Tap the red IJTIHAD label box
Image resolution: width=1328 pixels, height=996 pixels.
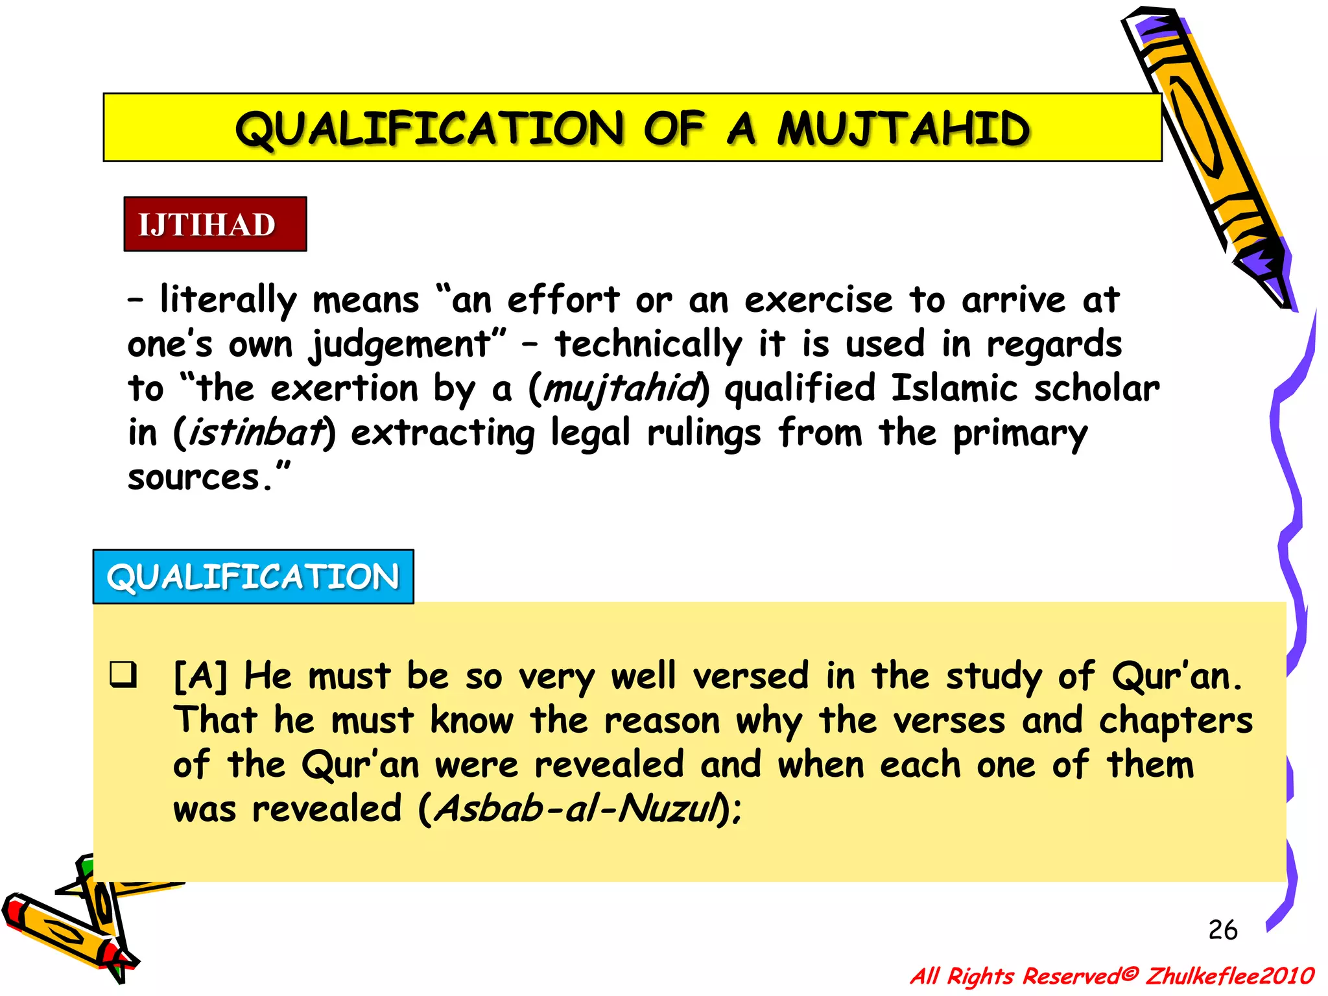click(x=215, y=224)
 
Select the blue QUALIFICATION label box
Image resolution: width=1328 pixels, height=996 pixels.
click(x=253, y=576)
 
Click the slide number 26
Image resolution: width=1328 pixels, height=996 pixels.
click(x=1222, y=930)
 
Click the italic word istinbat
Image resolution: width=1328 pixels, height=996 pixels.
click(x=255, y=433)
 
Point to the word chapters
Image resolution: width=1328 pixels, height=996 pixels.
click(x=1175, y=721)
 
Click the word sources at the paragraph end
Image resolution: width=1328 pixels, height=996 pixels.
click(x=193, y=478)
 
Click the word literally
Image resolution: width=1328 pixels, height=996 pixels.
click(x=228, y=301)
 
